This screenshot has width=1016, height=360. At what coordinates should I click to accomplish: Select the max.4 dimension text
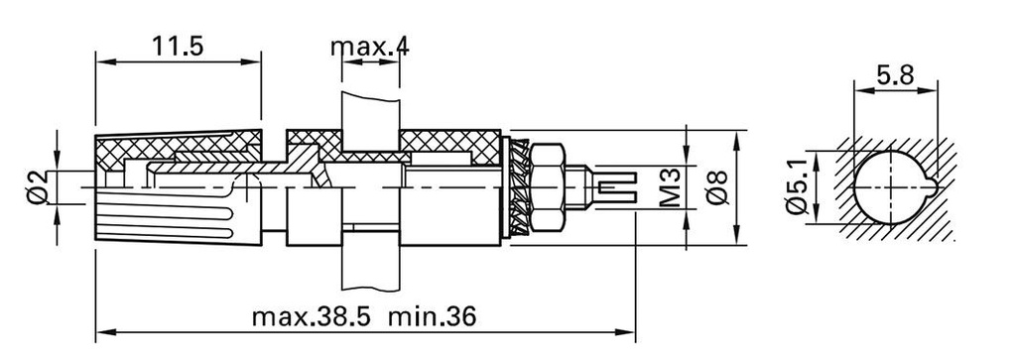369,46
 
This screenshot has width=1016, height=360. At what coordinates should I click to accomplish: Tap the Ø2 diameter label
36,187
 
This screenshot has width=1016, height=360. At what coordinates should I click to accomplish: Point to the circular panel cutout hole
890,187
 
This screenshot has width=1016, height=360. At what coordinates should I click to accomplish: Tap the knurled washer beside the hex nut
519,186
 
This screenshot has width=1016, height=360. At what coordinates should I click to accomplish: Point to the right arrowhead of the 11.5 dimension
255,61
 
